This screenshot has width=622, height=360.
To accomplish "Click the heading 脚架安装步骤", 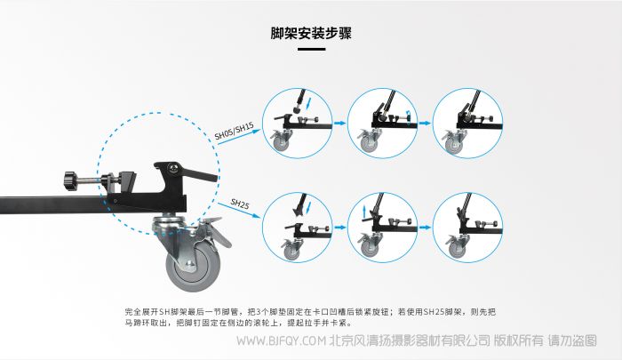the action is (311, 34).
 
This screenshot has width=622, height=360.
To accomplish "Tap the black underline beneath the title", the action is (311, 49).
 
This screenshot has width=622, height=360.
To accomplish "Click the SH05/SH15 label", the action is (234, 131).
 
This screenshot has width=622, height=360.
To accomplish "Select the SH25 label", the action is (240, 204).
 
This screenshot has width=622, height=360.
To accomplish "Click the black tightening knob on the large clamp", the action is (70, 181).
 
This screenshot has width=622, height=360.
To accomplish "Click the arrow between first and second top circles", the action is (339, 123).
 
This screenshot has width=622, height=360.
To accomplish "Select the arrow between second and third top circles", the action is (425, 123).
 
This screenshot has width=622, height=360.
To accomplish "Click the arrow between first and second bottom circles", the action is (339, 228).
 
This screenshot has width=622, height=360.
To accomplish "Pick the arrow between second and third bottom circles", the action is (425, 228).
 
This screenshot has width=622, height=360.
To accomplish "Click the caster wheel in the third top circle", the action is (454, 145).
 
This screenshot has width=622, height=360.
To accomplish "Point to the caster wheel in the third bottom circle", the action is (457, 249).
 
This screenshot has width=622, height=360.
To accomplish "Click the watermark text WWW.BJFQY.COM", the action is (282, 340).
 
